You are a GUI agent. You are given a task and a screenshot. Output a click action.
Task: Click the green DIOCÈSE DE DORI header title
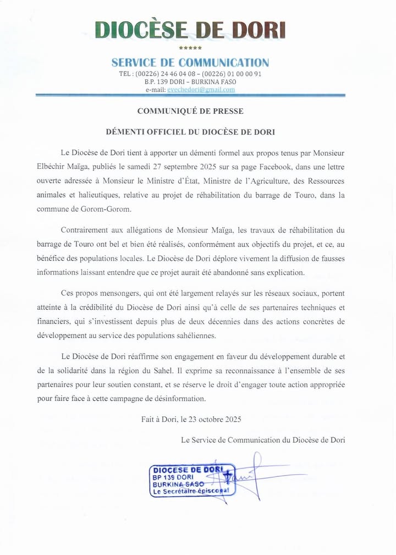point(190,30)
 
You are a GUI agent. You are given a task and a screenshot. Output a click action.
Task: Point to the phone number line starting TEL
point(190,74)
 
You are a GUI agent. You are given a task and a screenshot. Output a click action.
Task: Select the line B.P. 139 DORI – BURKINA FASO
point(190,81)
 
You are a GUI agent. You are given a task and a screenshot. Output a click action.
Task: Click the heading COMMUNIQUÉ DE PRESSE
point(190,111)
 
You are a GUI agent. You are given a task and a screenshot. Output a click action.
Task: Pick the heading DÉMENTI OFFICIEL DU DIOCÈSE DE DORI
point(190,132)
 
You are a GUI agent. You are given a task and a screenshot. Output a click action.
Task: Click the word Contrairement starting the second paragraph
point(84,229)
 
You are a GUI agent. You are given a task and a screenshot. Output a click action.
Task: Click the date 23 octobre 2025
point(214,419)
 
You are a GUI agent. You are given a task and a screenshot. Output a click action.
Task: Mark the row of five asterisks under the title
point(190,48)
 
